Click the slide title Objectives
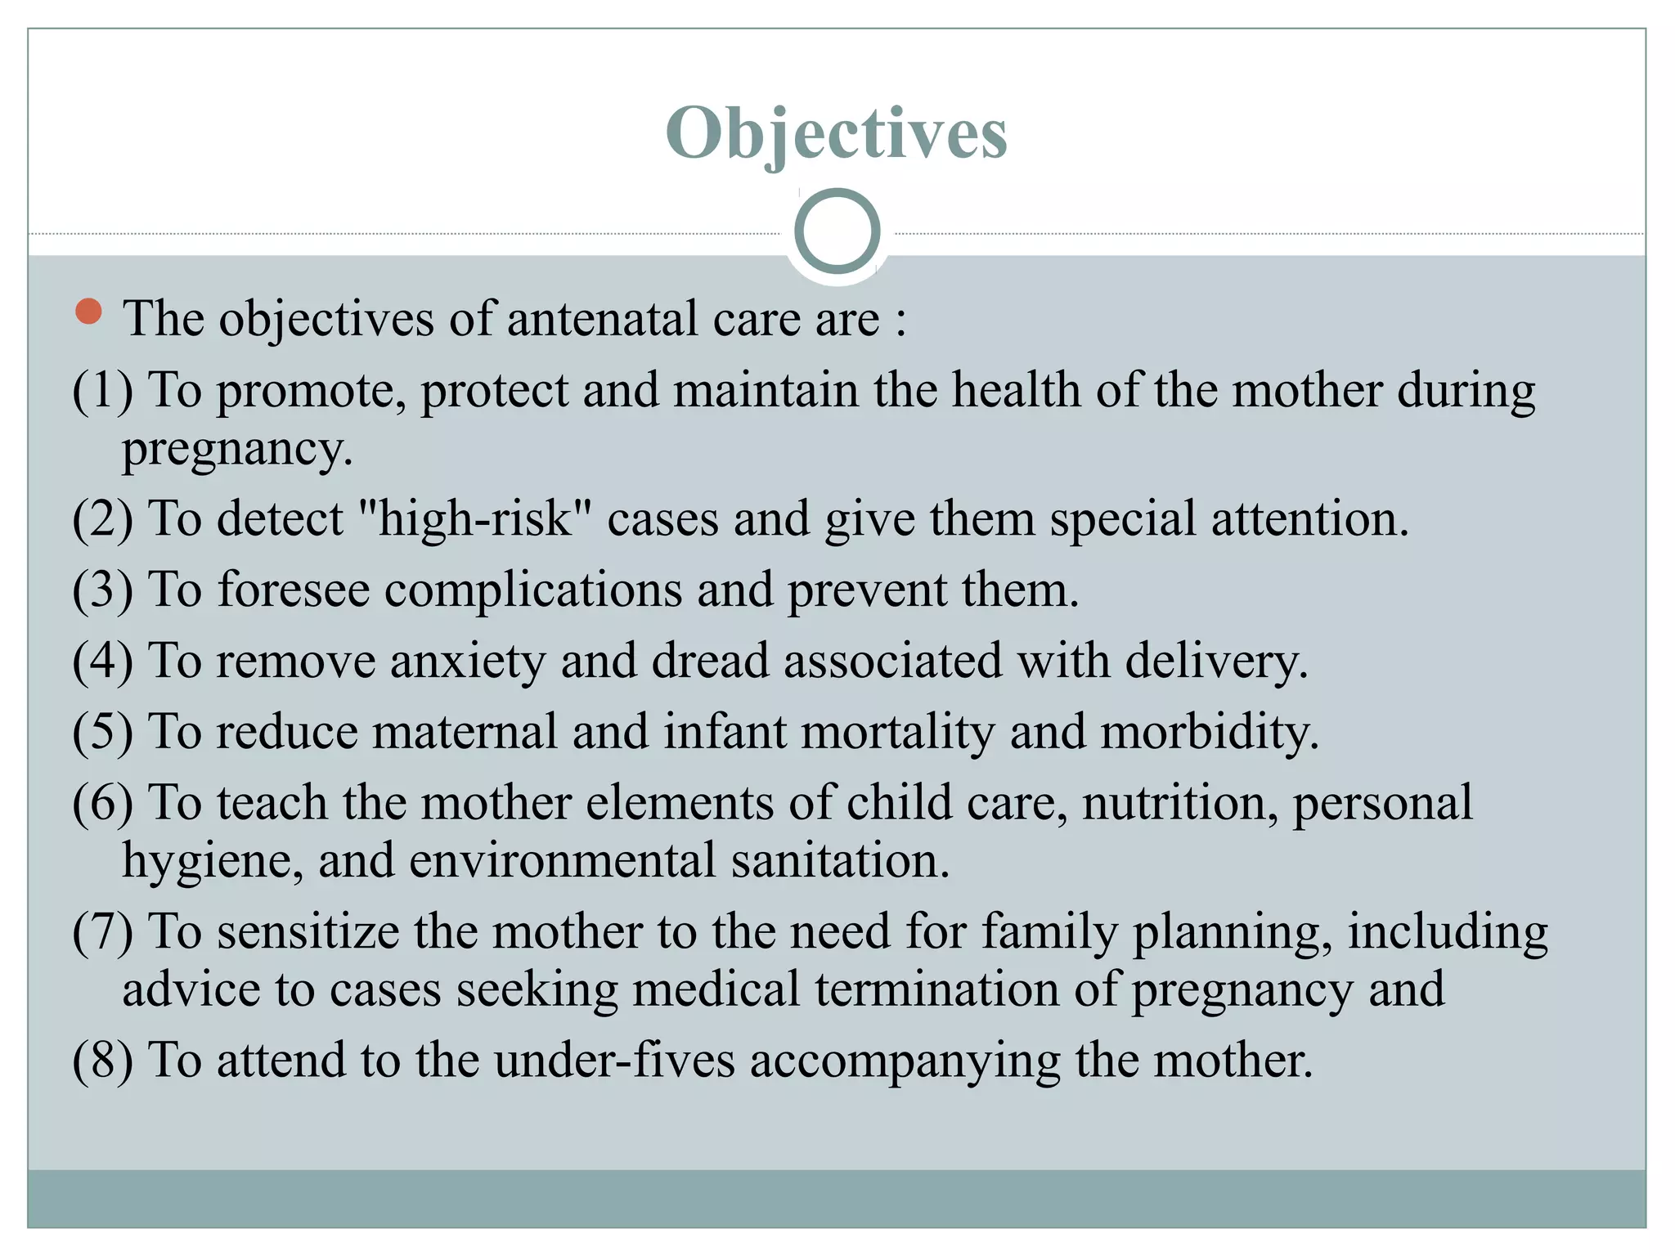tap(836, 132)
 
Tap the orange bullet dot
tap(88, 312)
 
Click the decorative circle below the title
tap(837, 231)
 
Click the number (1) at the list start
tap(102, 390)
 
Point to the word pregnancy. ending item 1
tap(237, 450)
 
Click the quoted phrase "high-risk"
tap(475, 519)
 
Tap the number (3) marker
tap(102, 590)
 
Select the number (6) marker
tap(102, 803)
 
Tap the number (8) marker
tap(102, 1061)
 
